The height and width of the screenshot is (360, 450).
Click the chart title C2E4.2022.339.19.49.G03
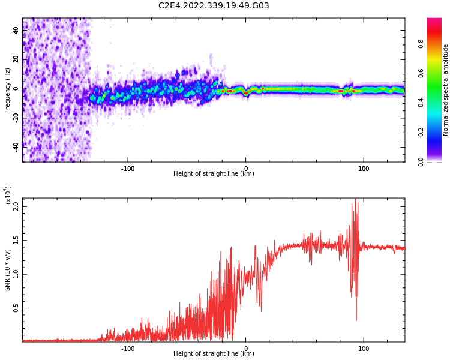[214, 6]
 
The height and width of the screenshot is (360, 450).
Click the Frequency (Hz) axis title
[8, 90]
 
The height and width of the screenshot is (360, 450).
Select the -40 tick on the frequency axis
[15, 146]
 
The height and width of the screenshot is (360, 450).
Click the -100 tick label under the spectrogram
[128, 169]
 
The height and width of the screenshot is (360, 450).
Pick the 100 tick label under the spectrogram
[364, 169]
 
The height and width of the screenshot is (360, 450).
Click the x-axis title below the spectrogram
[214, 174]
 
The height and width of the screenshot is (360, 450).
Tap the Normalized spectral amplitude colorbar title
[446, 90]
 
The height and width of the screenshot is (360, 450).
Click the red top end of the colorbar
[434, 21]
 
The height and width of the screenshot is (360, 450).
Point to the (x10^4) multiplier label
[8, 196]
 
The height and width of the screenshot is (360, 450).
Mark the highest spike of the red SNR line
[355, 199]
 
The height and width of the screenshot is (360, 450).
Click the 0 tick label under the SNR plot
[246, 349]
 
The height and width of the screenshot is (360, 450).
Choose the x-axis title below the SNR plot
[214, 354]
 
